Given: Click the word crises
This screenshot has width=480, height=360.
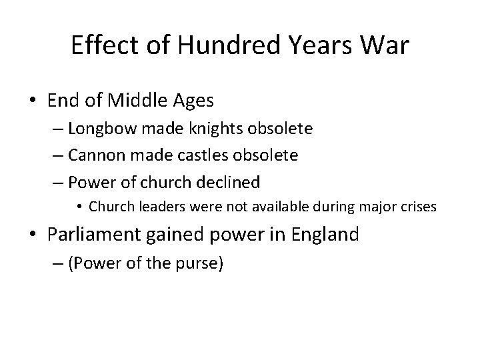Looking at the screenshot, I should tap(419, 207).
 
